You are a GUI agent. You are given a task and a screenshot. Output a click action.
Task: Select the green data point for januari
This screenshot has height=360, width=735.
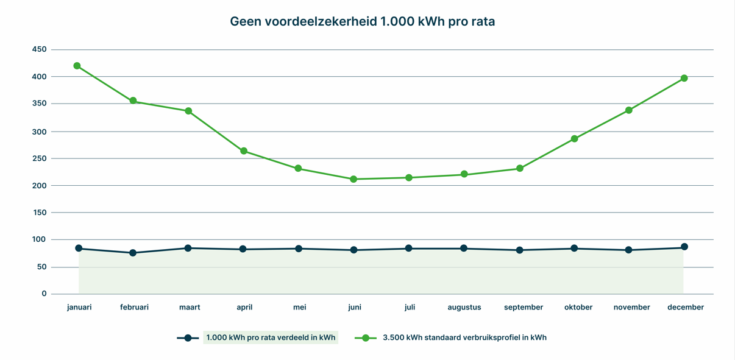tap(77, 66)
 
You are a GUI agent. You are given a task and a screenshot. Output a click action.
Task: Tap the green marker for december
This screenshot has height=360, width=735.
tap(684, 78)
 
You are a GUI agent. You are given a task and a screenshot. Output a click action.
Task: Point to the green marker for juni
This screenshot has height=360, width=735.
tap(353, 179)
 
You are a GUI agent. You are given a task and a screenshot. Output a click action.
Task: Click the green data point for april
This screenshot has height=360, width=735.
tap(244, 151)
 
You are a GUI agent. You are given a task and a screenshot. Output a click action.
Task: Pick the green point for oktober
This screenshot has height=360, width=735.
tap(574, 139)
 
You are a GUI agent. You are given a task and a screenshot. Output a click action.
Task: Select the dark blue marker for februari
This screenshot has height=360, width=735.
tap(133, 253)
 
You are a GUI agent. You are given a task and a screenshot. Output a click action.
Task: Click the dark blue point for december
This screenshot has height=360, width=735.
tap(684, 247)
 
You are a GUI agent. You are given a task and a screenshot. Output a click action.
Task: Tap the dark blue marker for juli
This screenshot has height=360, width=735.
tap(408, 249)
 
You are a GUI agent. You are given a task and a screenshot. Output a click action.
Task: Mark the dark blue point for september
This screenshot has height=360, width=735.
tap(519, 250)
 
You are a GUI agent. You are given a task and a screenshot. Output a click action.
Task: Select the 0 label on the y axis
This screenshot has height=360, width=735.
tap(44, 294)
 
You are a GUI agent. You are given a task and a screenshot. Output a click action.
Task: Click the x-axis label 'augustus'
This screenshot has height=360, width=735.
tap(464, 308)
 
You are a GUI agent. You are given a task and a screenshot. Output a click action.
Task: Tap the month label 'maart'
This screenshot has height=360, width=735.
tap(190, 308)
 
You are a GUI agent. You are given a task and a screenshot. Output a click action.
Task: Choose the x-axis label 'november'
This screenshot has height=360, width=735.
tap(631, 308)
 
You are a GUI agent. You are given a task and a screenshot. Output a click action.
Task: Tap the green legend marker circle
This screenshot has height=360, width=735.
tap(366, 337)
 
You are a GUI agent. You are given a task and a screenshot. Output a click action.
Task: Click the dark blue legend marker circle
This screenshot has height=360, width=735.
tap(188, 337)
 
